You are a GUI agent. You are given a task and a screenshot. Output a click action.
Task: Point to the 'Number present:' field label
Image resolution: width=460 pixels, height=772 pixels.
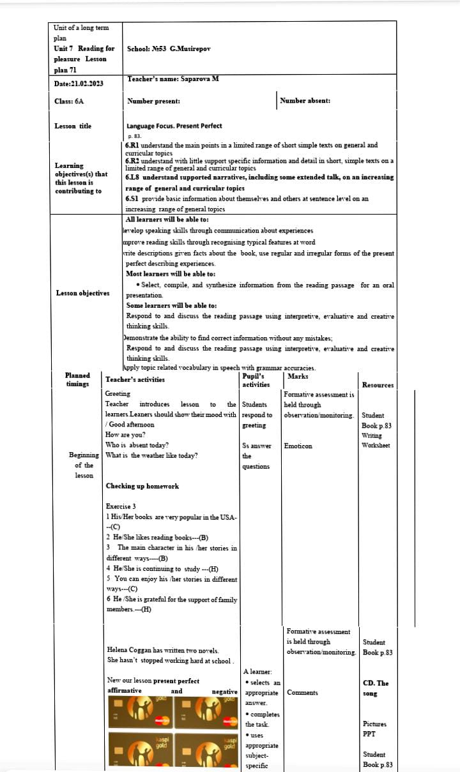click(153, 101)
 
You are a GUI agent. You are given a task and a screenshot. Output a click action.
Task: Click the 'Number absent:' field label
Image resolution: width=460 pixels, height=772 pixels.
click(305, 101)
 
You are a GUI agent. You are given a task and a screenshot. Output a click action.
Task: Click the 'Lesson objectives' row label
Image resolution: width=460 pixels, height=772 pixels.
click(82, 293)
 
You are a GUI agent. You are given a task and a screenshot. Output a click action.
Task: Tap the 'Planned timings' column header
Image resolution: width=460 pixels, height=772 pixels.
click(78, 379)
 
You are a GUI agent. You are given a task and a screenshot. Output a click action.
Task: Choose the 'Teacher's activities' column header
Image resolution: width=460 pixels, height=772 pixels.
click(135, 379)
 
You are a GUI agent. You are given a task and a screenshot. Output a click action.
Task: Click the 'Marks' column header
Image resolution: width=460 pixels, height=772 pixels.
click(298, 376)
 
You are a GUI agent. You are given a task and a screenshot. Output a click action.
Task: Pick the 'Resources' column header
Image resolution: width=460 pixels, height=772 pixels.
click(378, 385)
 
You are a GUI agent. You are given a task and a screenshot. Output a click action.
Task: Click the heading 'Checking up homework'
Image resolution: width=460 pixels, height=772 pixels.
click(142, 487)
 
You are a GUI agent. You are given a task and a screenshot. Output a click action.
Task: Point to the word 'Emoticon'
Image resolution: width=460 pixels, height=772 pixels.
click(298, 446)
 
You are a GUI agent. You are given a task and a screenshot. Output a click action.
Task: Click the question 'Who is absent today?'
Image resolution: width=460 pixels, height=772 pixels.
click(137, 445)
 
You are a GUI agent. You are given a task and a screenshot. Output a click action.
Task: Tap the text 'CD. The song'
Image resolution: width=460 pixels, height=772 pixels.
click(375, 688)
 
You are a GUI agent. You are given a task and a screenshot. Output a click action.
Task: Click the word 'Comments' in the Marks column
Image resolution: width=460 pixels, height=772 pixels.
click(302, 693)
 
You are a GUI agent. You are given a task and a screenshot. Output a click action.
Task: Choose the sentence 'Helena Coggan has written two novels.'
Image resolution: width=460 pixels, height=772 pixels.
click(163, 650)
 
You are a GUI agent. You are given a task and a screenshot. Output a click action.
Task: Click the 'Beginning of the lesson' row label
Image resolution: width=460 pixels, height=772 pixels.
click(84, 465)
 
